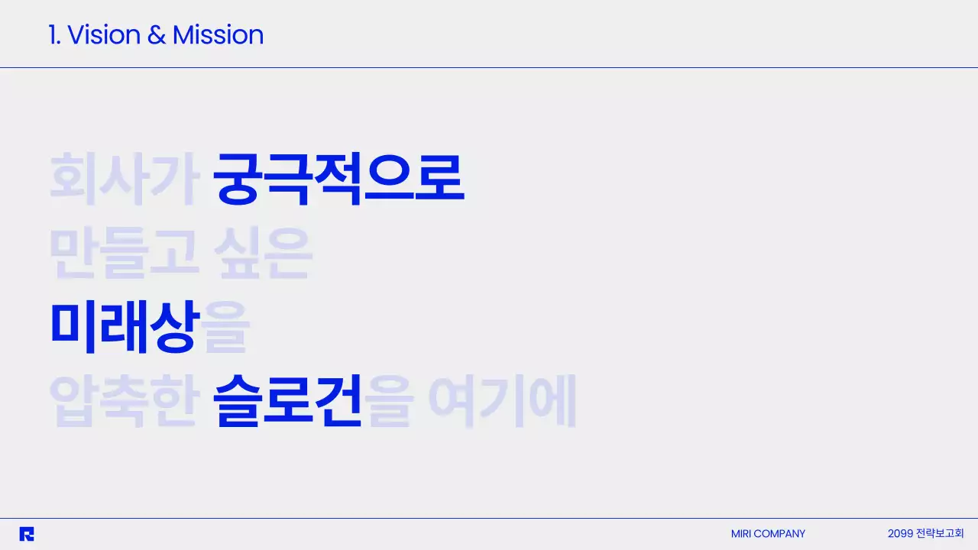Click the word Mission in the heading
coord(218,35)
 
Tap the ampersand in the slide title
coord(157,35)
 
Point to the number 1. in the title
coord(54,35)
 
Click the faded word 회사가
coord(124,179)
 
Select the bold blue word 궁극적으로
coord(338,179)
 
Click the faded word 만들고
coord(124,254)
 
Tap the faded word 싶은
coord(264,254)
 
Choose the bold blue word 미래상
coord(125,327)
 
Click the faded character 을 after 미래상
coord(226,327)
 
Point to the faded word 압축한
coord(124,400)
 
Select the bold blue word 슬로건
coord(287,400)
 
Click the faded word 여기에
coord(501,400)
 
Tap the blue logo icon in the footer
coord(27,534)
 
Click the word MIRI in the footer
coord(741,534)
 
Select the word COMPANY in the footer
coord(779,534)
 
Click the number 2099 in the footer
coord(900,533)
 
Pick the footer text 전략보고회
coord(940,533)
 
